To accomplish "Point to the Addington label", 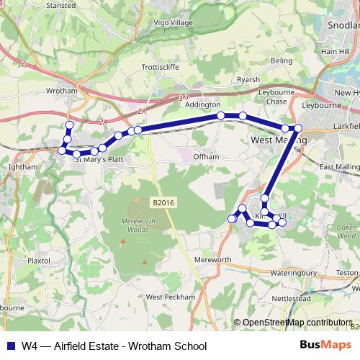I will click(202, 104).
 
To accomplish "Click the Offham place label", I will click(205, 156).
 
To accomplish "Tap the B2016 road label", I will click(164, 204).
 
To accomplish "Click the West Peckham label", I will click(170, 297).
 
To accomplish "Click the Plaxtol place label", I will click(37, 261).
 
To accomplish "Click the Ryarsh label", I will click(248, 80).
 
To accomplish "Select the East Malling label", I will click(339, 167).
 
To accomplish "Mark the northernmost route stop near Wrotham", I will click(69, 125).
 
